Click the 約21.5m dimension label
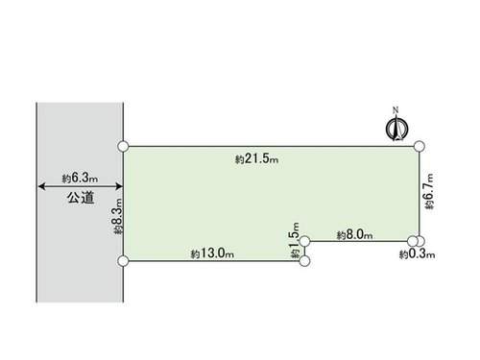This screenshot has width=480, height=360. tap(256, 159)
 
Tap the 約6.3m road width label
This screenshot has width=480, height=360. tap(80, 178)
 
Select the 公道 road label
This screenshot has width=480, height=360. tap(81, 198)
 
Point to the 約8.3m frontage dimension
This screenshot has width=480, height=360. tap(117, 216)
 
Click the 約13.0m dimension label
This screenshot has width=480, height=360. tap(212, 253)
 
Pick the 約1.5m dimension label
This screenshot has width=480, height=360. tap(295, 240)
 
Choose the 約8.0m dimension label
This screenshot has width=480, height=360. tap(354, 235)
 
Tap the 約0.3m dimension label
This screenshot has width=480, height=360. tap(417, 254)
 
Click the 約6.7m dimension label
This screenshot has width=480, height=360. tap(429, 192)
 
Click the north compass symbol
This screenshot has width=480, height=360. tap(396, 129)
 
